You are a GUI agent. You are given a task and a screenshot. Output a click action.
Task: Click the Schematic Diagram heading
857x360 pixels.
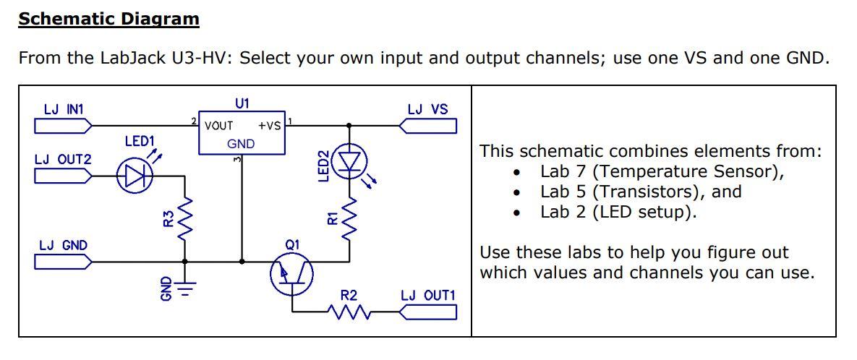coord(108,19)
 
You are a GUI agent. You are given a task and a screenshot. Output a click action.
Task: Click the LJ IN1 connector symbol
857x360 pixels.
coord(62,127)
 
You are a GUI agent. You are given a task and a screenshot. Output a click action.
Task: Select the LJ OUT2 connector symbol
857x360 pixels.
coord(62,176)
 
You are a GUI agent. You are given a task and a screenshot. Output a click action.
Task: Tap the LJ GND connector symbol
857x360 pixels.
coord(62,262)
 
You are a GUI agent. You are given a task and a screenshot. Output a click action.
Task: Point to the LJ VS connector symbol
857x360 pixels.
coord(428,127)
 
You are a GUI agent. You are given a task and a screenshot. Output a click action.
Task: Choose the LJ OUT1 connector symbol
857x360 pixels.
coord(428,312)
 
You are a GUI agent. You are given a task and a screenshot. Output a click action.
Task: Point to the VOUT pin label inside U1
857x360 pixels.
coord(218,126)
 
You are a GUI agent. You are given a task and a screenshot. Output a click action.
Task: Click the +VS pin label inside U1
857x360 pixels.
coord(269,126)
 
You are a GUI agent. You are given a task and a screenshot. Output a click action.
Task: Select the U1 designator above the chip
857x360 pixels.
coord(242,103)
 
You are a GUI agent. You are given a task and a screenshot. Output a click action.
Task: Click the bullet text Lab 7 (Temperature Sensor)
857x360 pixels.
coord(662,172)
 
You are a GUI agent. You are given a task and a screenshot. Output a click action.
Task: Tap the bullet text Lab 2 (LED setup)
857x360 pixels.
coord(618,213)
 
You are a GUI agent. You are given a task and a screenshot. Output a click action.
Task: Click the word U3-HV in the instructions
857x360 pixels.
coord(200,58)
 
